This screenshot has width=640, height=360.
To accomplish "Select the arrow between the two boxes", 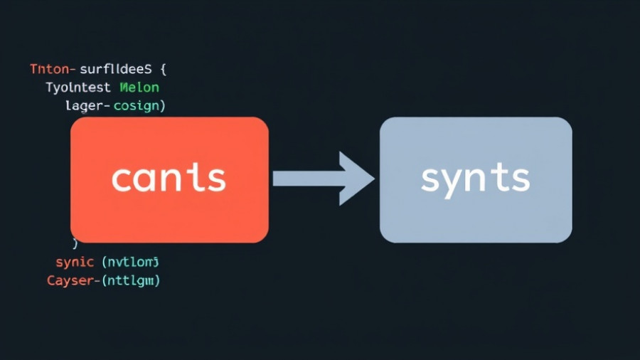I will coord(324,178).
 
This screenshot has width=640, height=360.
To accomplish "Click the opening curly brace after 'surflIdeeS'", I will coord(164,70).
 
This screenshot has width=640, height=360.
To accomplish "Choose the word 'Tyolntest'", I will coord(78,88).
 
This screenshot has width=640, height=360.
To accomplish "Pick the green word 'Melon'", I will coord(139,88).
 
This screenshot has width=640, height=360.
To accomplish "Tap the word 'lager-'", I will coord(87,105).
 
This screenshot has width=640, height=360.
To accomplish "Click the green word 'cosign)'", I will coord(141,105).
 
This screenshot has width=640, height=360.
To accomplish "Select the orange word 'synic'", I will coord(75,262).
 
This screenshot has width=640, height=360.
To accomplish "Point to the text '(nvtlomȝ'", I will coord(130,262).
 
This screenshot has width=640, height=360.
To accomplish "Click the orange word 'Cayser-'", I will coord(73,280).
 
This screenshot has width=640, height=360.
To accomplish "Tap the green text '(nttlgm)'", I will coord(132,280).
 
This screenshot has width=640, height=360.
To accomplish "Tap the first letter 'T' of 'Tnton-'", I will coord(35,70).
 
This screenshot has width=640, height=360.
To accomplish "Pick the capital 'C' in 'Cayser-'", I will coord(52,280).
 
